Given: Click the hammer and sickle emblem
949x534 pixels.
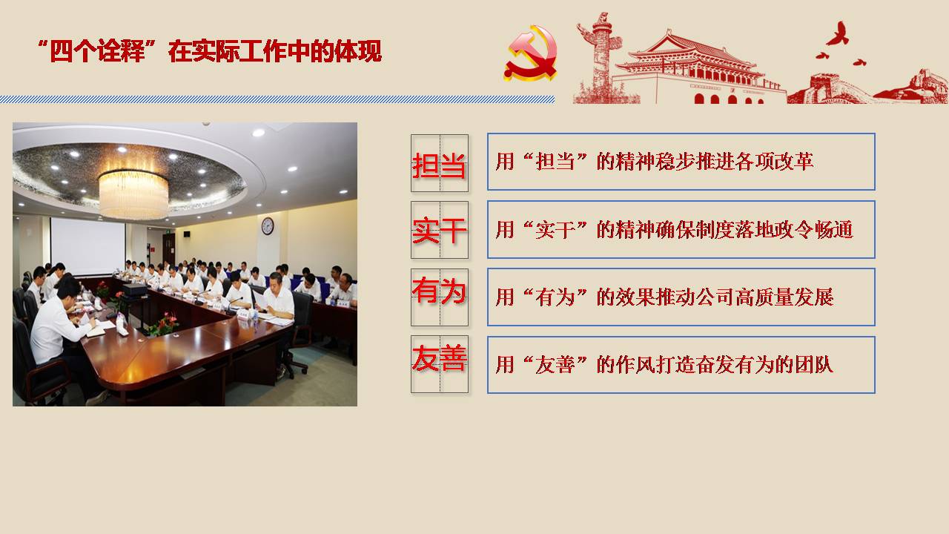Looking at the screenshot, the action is tap(531, 53).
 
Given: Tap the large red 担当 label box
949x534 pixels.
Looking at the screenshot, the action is tap(440, 163).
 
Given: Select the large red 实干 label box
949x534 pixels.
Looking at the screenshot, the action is tap(440, 230).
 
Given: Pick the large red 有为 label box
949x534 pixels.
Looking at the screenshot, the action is tap(440, 297).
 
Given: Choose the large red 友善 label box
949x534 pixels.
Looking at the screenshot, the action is tap(440, 364).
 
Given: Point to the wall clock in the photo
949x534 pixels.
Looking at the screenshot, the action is tap(268, 226).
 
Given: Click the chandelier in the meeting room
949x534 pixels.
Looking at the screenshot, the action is tap(133, 194).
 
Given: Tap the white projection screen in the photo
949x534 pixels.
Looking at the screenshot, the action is tap(87, 246).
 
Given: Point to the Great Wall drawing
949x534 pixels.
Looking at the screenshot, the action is tap(868, 88).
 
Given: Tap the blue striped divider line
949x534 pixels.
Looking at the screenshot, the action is tap(277, 99).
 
